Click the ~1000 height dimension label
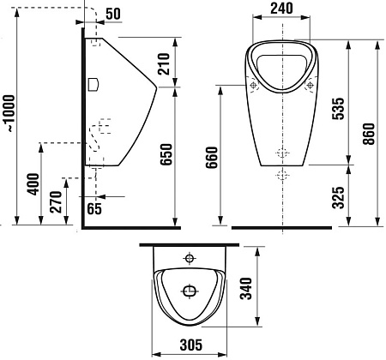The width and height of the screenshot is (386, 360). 10,113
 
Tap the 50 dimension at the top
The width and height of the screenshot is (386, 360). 113,14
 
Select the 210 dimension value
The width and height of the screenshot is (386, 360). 164,63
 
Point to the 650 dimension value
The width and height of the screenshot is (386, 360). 166,154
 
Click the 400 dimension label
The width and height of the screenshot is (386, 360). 33,184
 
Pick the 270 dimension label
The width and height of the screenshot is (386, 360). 56,202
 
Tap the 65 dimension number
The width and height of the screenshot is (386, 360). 94,208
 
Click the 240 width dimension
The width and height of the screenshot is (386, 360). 281,9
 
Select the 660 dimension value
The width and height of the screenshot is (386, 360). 212,158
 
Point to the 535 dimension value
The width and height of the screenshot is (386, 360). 339,109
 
